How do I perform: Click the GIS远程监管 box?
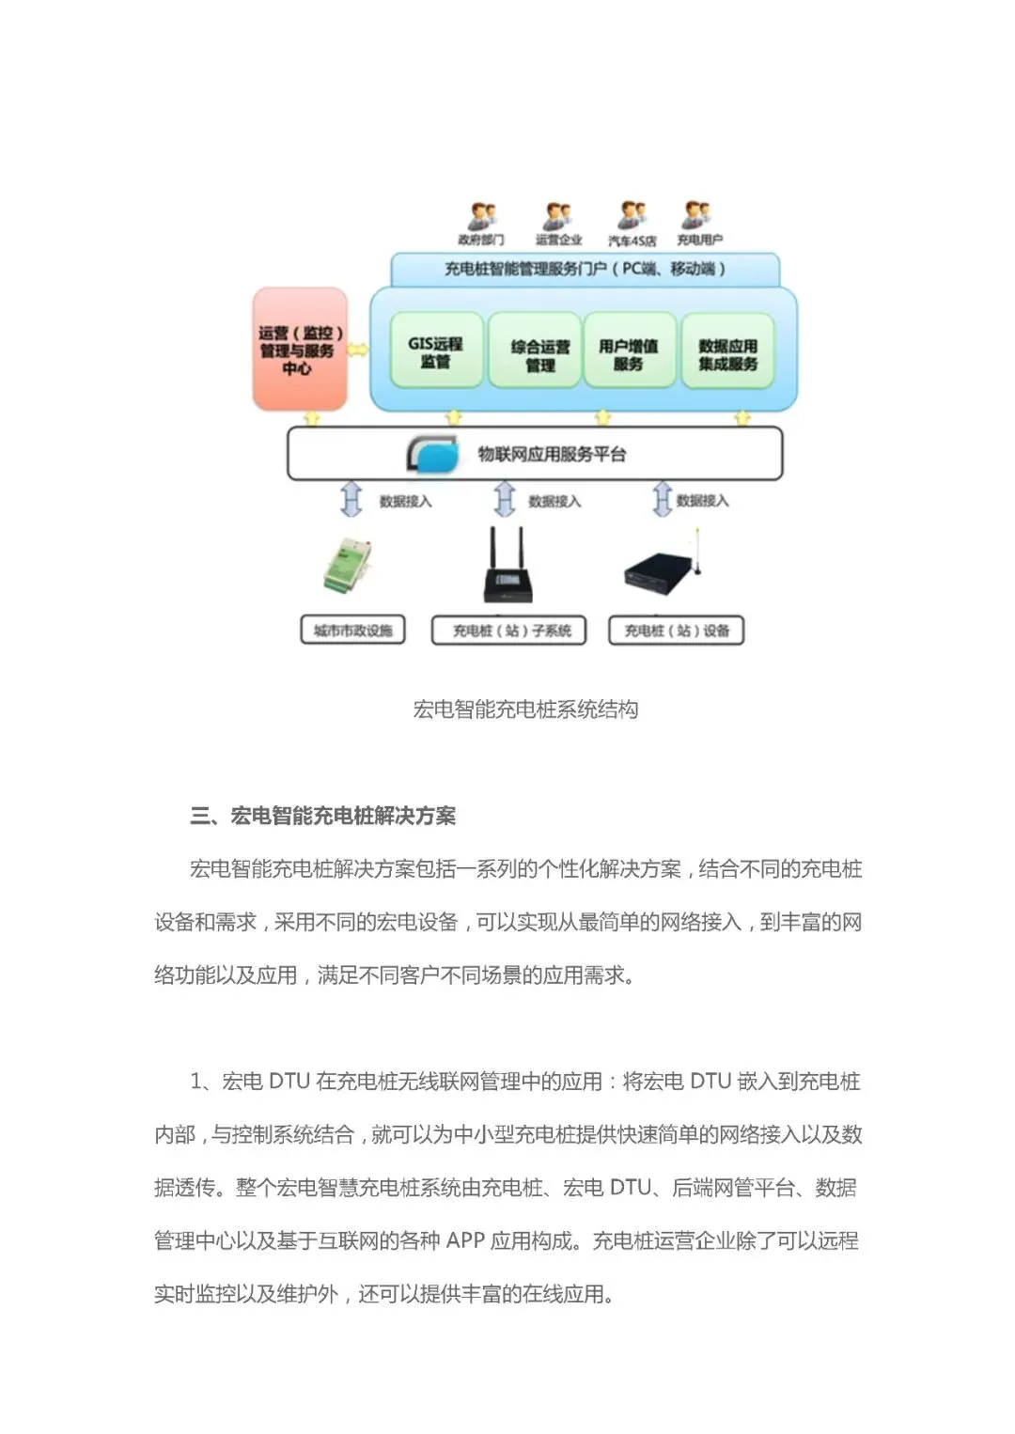pos(435,351)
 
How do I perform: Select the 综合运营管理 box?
pos(539,355)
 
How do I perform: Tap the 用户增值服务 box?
pos(628,354)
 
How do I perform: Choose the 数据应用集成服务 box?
pos(727,354)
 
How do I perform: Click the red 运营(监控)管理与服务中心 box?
pos(300,350)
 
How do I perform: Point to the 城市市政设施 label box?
pos(352,631)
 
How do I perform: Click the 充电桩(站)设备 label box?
pos(677,631)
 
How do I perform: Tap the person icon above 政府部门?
pos(482,217)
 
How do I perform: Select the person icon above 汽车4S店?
pos(631,216)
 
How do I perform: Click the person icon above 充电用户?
pos(697,216)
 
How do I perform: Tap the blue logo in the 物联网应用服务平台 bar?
pos(434,455)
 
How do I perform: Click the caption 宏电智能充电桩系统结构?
pos(525,709)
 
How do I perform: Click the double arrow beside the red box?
pos(358,350)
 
